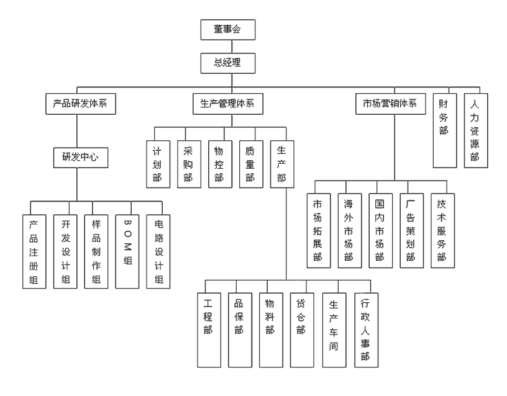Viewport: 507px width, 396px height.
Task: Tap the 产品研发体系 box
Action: click(76, 104)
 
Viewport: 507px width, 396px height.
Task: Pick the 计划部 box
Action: click(158, 163)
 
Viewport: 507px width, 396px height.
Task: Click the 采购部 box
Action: click(189, 163)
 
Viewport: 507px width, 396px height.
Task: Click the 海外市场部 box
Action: click(350, 230)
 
